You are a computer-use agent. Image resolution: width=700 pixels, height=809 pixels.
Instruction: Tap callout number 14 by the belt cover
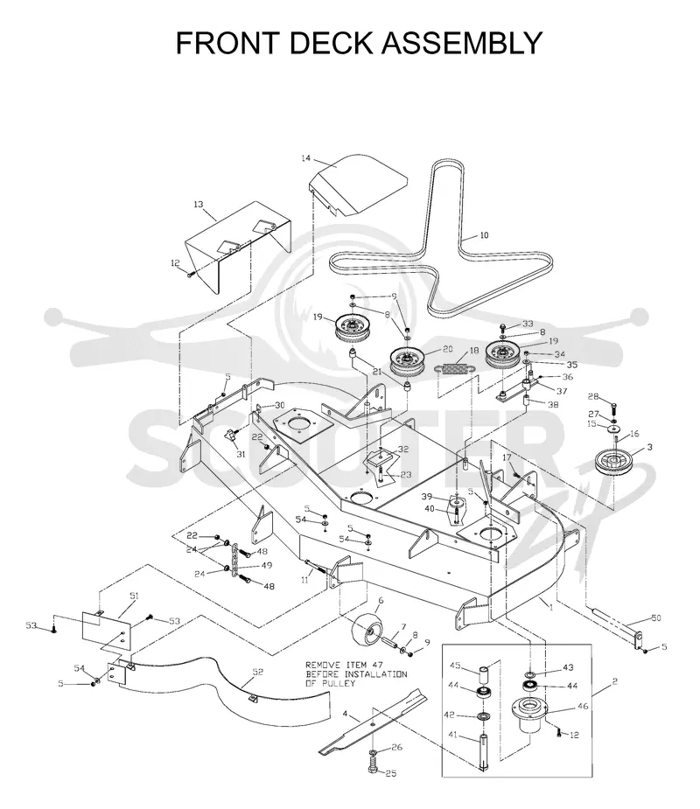pos(306,158)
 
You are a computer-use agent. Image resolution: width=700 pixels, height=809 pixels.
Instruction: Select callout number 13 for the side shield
pos(199,205)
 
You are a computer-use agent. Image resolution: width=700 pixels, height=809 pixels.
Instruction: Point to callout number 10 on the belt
pos(484,235)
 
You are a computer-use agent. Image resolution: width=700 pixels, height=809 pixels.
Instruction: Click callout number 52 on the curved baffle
pos(257,672)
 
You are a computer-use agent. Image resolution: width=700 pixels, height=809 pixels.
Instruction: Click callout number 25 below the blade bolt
pos(391,773)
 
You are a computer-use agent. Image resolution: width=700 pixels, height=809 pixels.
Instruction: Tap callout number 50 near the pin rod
pos(655,617)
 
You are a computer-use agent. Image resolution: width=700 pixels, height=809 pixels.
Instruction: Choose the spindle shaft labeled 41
pos(483,752)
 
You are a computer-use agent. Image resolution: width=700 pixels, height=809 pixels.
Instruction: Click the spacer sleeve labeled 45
pos(484,675)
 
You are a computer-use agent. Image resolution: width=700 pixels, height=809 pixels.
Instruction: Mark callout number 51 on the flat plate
pos(134,596)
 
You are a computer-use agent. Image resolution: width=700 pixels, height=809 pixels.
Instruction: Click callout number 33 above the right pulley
pos(528,324)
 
